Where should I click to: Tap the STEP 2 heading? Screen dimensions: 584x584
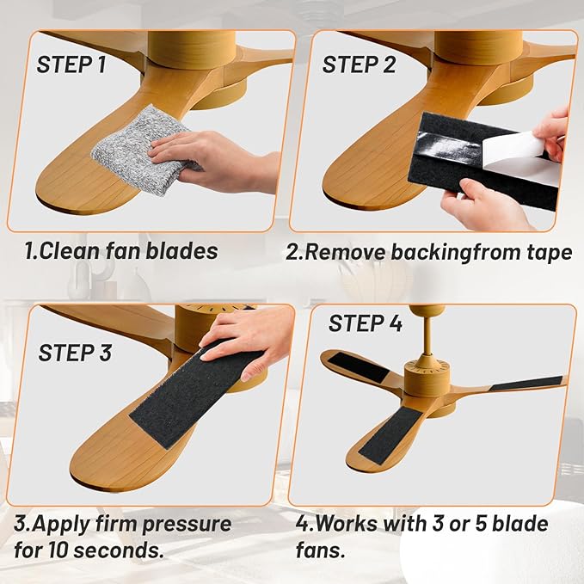point(360,65)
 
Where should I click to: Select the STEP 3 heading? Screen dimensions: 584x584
point(75,353)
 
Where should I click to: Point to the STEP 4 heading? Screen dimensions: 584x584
point(366,324)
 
